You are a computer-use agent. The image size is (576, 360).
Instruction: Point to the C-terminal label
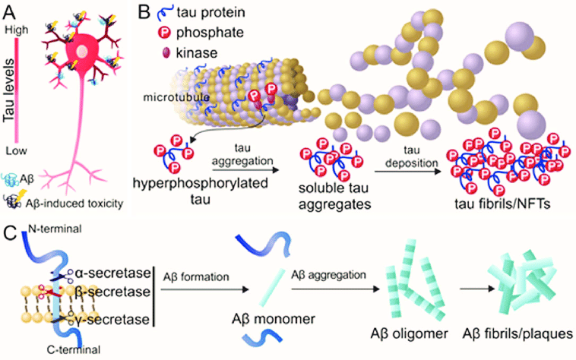coord(47,349)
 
